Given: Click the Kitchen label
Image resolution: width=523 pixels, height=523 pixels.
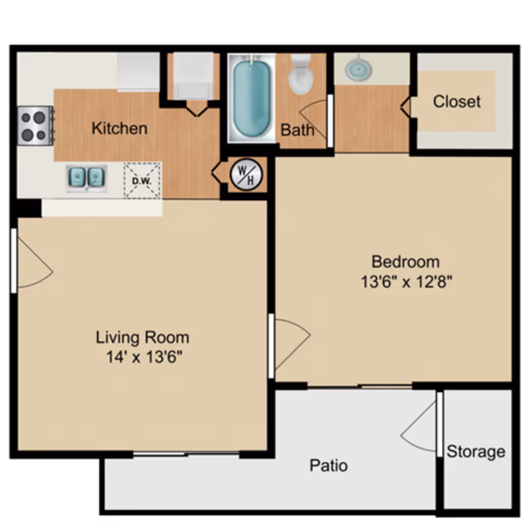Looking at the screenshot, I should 120,128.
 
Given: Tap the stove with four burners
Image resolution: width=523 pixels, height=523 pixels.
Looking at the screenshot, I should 35,126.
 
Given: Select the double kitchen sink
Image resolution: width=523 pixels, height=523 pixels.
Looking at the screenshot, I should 86,177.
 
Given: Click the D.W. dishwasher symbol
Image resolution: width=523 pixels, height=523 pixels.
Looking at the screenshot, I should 142,180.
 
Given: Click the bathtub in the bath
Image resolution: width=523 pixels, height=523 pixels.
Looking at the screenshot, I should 251,99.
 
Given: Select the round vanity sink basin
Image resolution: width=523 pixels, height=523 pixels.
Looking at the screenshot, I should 359,69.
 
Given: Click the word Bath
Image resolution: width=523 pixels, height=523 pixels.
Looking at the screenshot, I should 297,130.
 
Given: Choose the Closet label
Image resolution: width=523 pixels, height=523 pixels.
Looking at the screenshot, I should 457,102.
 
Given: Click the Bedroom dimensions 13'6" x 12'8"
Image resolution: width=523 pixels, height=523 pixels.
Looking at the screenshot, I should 407,282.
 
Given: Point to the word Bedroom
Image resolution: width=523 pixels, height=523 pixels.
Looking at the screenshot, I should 406,262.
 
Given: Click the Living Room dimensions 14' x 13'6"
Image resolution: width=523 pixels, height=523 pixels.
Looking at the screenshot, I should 145,357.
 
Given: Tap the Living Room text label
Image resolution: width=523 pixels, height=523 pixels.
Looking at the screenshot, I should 142,338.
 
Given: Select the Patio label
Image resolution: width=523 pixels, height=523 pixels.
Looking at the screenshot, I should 328,466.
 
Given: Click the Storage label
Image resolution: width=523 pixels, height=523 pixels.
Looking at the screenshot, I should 476,452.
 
